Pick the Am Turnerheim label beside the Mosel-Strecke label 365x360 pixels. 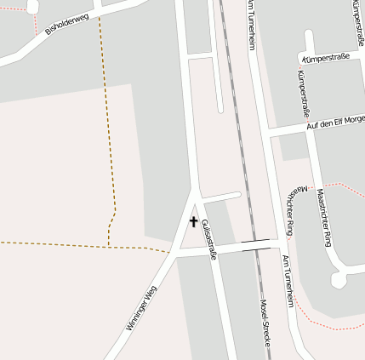[x=288, y=281]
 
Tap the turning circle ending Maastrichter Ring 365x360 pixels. [x=339, y=279]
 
